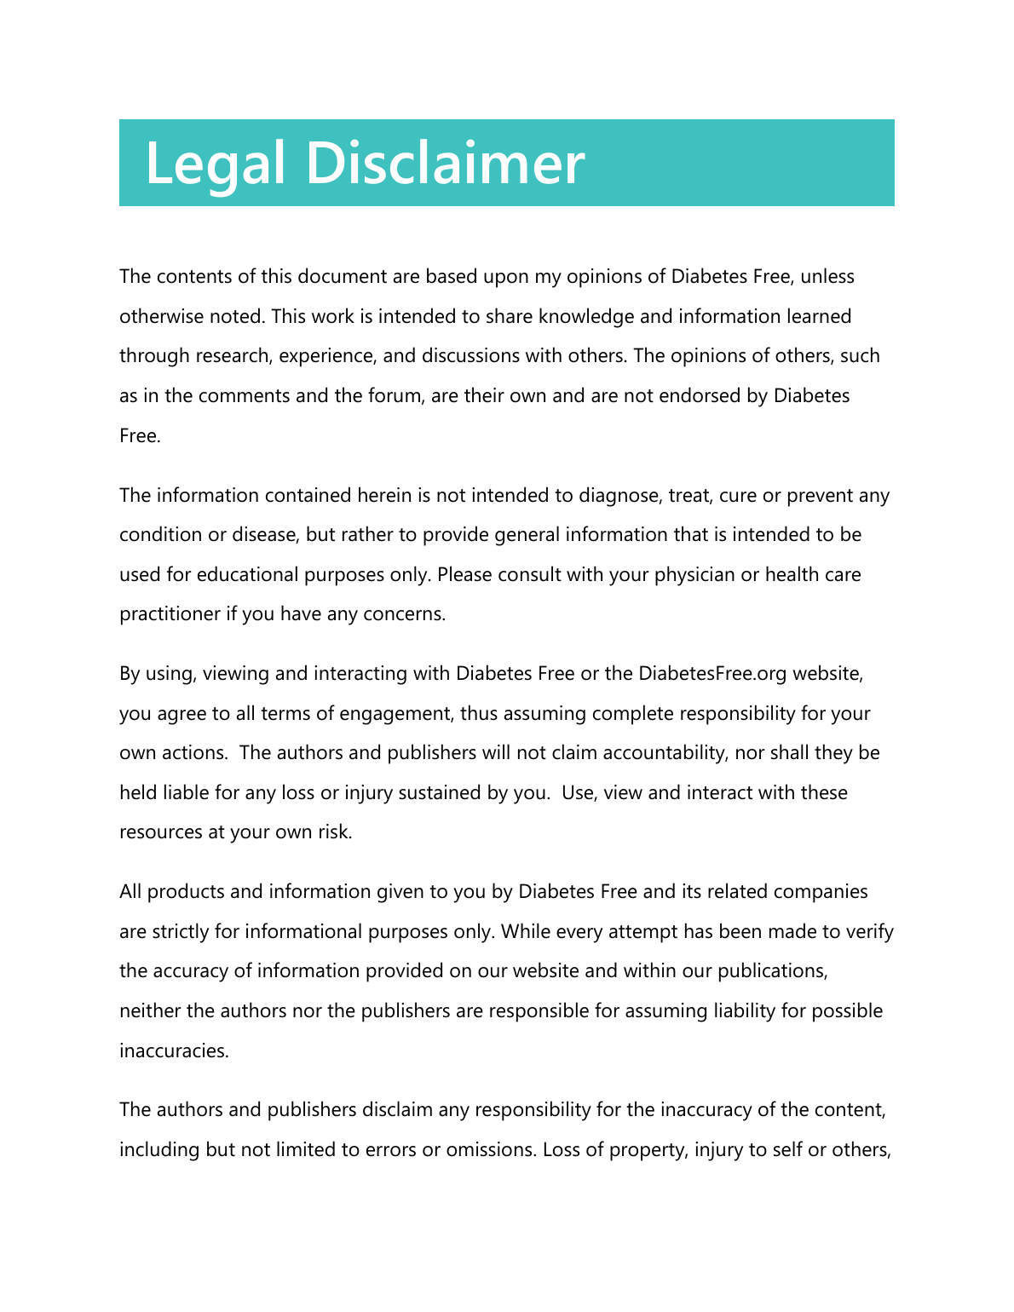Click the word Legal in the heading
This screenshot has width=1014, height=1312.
tap(215, 163)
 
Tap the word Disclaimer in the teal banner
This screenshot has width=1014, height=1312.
tap(445, 163)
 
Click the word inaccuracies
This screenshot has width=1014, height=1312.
tap(174, 1051)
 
